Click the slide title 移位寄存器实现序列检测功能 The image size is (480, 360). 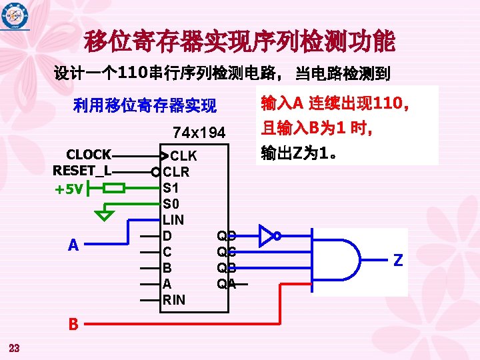(239, 42)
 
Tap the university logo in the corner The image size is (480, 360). (15, 17)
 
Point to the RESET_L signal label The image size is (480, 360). (82, 171)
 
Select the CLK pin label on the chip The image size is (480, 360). (182, 156)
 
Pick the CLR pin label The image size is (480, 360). (176, 172)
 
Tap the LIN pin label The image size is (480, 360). (173, 219)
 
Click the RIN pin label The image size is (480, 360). (174, 299)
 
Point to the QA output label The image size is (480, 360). (226, 283)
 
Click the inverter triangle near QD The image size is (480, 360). (267, 235)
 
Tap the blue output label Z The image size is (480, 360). (398, 261)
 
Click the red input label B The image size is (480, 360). (73, 325)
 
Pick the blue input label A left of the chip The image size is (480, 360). (73, 245)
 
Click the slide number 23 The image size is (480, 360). (15, 347)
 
